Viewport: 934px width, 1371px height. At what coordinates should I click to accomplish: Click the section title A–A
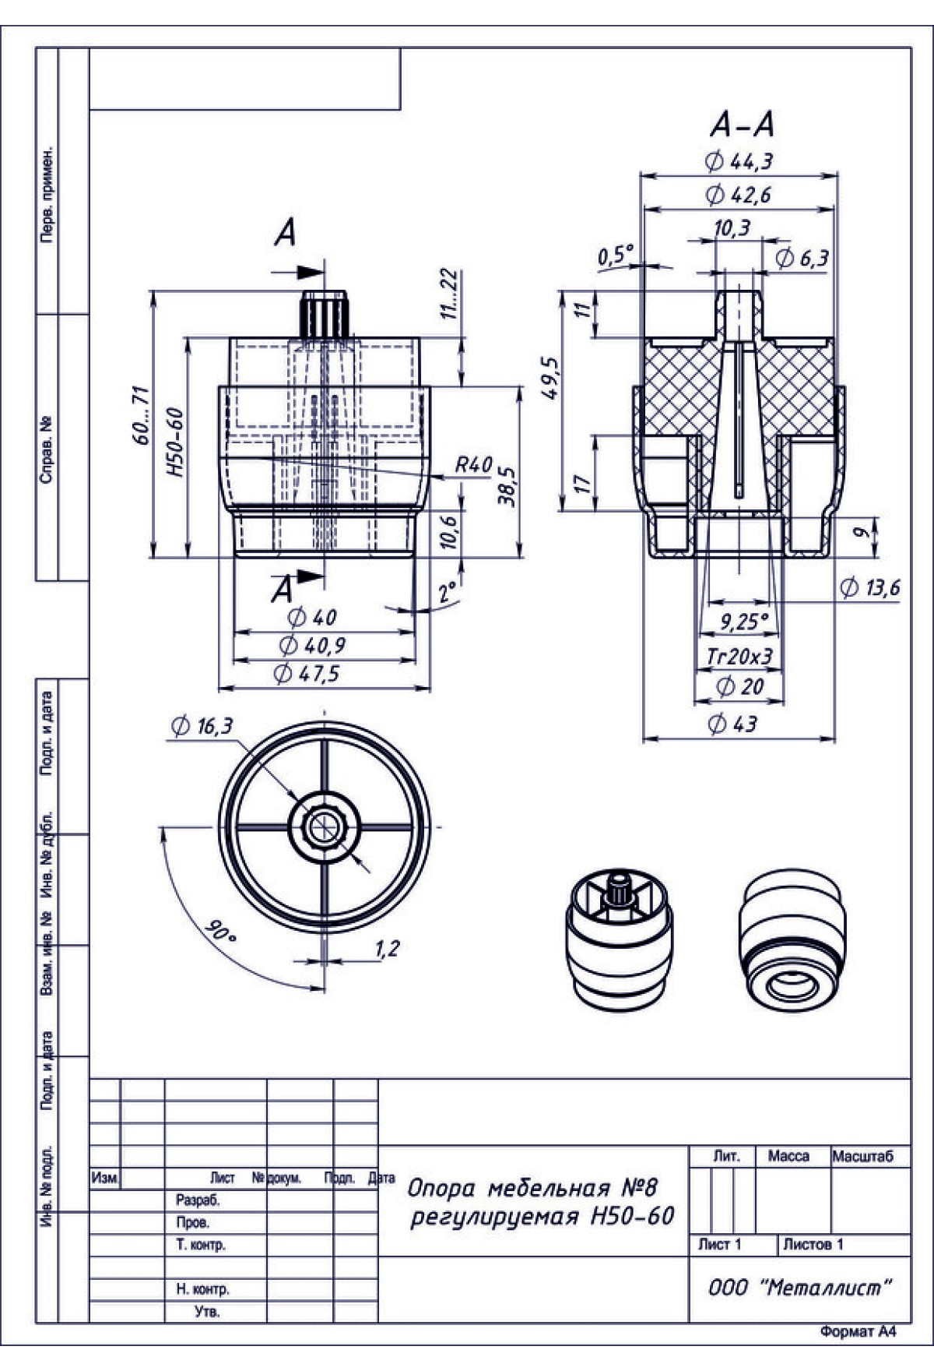click(742, 124)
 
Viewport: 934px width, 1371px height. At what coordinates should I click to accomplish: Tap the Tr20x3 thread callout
click(739, 656)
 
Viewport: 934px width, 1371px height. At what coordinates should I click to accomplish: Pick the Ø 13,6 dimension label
click(870, 587)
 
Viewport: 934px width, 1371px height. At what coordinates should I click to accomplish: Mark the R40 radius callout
click(473, 465)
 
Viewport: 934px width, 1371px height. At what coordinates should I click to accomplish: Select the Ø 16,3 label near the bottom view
click(202, 726)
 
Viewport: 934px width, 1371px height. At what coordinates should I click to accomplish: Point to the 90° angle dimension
click(220, 932)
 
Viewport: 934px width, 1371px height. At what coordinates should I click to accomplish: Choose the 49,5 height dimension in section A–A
click(550, 378)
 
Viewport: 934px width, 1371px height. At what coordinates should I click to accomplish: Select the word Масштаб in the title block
click(862, 1156)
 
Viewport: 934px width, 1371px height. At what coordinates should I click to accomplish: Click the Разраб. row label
click(198, 1200)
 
